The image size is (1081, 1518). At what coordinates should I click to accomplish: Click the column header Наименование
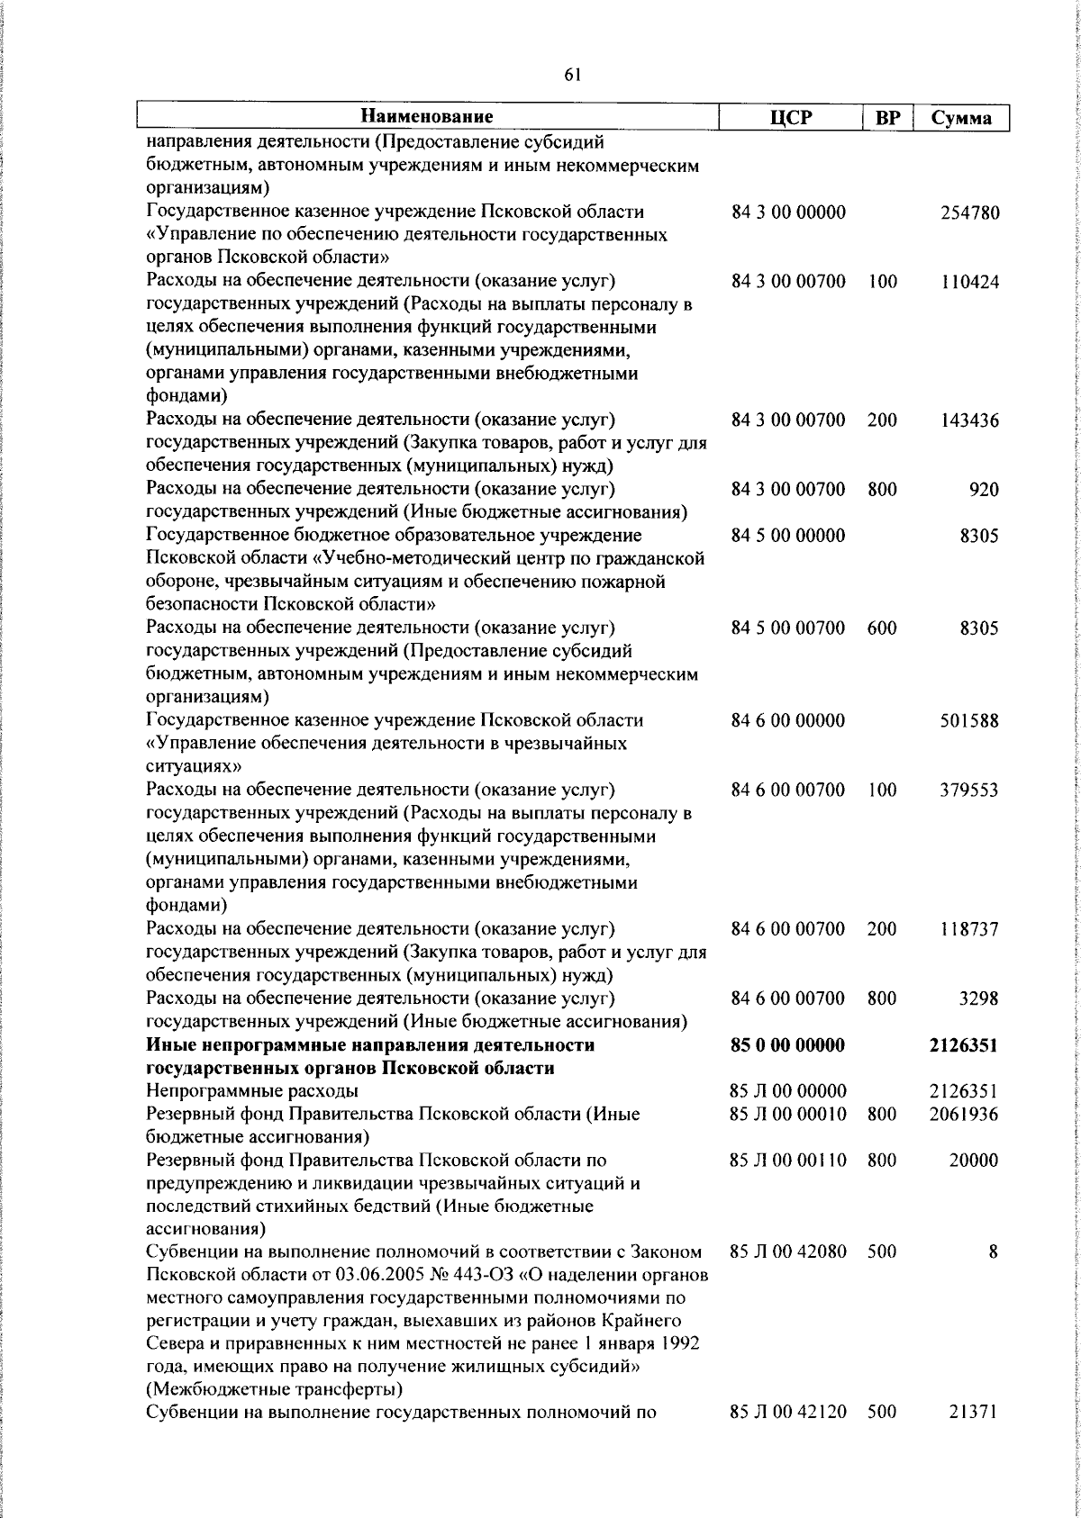click(427, 117)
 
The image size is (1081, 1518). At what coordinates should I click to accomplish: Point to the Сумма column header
click(961, 118)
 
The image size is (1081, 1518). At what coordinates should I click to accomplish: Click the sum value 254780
click(969, 213)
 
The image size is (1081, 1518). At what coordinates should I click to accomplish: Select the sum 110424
click(969, 283)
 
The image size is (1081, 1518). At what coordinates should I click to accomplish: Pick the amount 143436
click(969, 420)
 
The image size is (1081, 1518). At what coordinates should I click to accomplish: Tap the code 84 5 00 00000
click(788, 536)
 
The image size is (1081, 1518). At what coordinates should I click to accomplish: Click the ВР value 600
click(882, 628)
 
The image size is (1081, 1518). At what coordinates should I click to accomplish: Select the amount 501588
click(969, 721)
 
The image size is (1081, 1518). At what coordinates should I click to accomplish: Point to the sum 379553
click(969, 791)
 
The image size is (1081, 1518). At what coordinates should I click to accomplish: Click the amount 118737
click(969, 929)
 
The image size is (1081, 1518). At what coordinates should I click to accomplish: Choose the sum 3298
click(977, 998)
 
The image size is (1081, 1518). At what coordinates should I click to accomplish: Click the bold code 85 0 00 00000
click(788, 1045)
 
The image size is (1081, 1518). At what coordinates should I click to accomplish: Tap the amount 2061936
click(964, 1115)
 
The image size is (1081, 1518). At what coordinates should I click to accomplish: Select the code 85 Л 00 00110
click(788, 1161)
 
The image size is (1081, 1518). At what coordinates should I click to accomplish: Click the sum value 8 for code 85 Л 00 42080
click(993, 1252)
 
